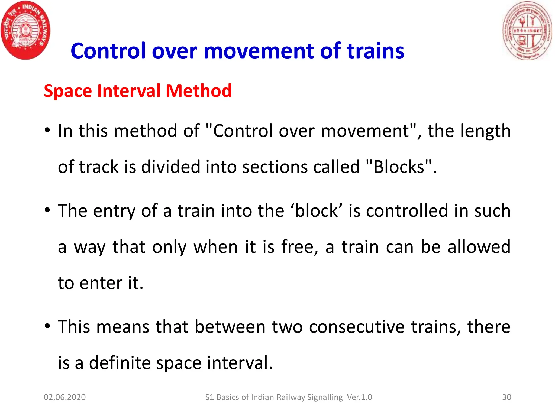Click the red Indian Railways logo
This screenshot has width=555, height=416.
click(x=25, y=30)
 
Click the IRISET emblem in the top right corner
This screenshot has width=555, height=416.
click(x=527, y=30)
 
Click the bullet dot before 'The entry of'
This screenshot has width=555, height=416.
click(x=47, y=210)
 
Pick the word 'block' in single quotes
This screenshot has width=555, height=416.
click(x=317, y=211)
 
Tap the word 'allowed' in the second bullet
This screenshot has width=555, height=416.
click(x=479, y=247)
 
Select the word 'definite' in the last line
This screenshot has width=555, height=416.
click(x=120, y=363)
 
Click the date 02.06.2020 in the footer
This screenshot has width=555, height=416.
click(x=64, y=397)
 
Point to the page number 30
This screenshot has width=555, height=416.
click(x=506, y=397)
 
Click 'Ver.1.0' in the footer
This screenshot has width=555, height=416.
click(x=359, y=397)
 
